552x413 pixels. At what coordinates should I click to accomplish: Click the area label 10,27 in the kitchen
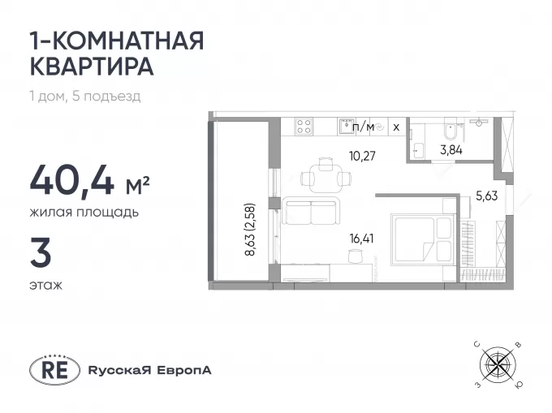(362, 156)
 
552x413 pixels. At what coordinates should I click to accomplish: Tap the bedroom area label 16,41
(361, 239)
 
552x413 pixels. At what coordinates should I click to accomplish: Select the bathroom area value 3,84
(451, 150)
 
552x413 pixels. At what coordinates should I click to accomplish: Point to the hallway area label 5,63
(487, 196)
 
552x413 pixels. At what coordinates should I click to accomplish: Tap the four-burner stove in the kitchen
(304, 127)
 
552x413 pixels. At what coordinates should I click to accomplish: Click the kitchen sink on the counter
(346, 127)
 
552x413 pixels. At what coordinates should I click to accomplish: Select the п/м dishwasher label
(363, 127)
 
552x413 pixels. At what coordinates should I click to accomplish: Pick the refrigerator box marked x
(396, 127)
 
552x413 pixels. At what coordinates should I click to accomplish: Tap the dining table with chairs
(326, 175)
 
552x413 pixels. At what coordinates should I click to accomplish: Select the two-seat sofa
(311, 211)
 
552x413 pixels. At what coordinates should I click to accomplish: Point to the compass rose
(498, 364)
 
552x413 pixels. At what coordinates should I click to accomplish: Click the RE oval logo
(54, 370)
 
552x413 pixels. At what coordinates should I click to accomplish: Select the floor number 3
(41, 252)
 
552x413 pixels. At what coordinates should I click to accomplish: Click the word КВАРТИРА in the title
(92, 66)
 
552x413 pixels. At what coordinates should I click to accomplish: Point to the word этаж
(45, 285)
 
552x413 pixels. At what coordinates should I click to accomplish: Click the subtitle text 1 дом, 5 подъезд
(85, 96)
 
